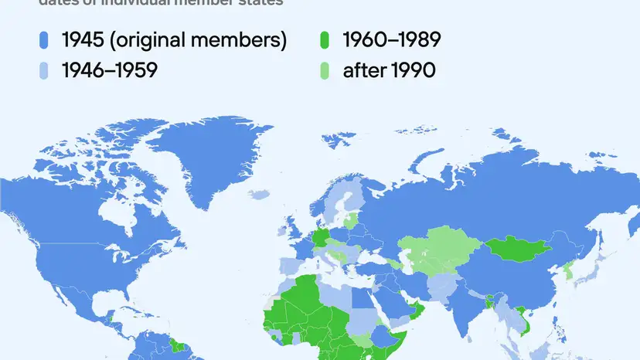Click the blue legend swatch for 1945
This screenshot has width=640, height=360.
(44, 40)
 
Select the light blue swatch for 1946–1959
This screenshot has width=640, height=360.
(44, 70)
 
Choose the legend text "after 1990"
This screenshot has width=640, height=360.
(390, 70)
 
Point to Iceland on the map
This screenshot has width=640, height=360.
(264, 194)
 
